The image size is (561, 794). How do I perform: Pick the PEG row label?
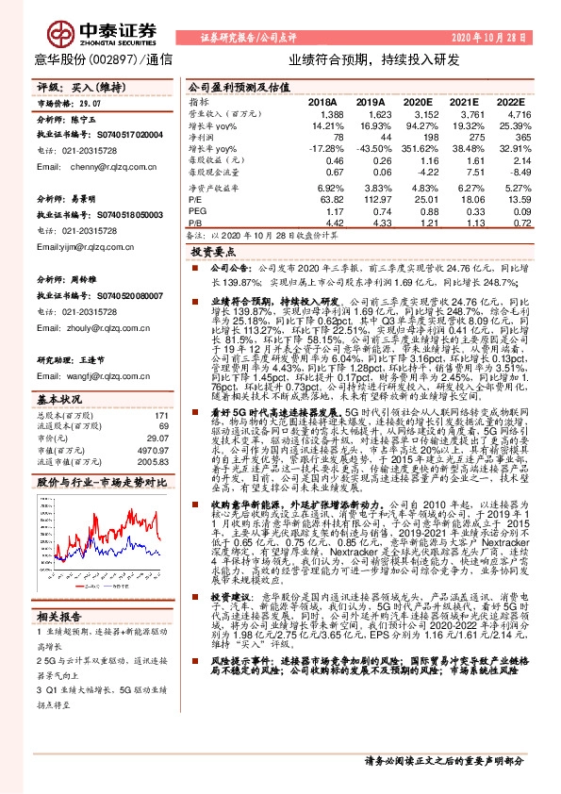[x=197, y=212]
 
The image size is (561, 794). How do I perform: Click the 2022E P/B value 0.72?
[x=517, y=223]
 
